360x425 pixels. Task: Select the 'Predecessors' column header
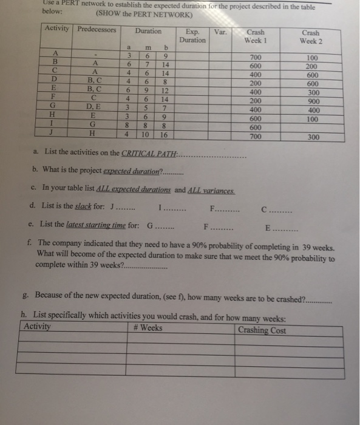(97, 30)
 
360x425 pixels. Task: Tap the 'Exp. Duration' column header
(192, 35)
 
